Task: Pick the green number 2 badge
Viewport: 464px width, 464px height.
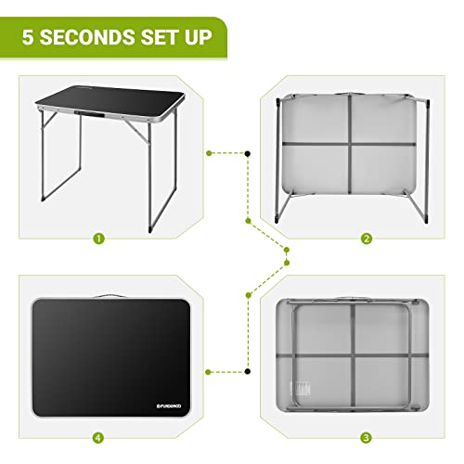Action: pos(367,238)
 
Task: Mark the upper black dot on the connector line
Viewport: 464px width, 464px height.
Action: pos(249,151)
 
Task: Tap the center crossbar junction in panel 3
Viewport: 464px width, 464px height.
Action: pos(356,355)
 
